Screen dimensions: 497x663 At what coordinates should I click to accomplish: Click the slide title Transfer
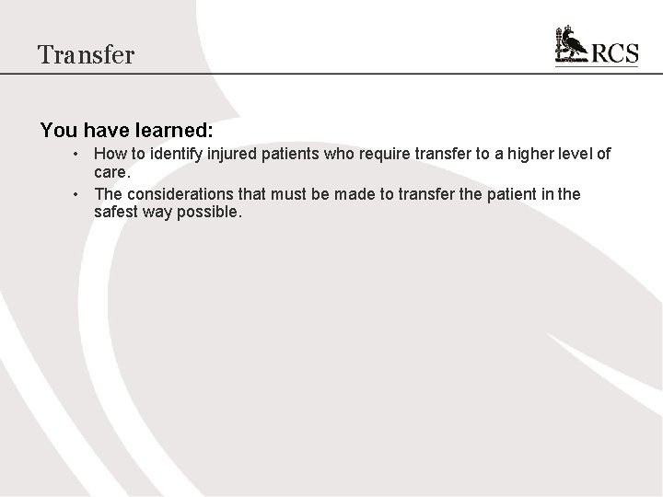point(87,54)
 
